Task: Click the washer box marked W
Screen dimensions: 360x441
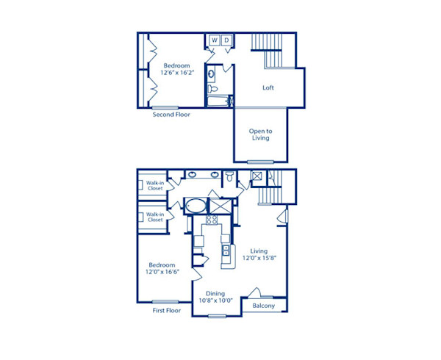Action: [215, 40]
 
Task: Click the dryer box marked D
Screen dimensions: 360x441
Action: [227, 40]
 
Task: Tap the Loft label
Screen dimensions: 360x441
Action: [268, 88]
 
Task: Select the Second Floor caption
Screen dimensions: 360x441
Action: [172, 115]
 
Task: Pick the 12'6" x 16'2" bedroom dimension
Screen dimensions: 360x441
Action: [176, 73]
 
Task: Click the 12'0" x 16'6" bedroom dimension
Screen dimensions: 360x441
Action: [162, 272]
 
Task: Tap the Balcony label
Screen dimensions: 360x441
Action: [264, 306]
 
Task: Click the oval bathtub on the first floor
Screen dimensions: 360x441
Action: [195, 205]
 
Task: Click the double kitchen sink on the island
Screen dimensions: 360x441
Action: [226, 251]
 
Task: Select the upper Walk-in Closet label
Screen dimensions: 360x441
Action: [154, 185]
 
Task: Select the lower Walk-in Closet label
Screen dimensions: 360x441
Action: [154, 217]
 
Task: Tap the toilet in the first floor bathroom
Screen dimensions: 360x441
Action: [230, 176]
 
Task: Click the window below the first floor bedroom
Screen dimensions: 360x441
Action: [166, 302]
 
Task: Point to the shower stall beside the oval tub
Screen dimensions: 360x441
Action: [220, 205]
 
